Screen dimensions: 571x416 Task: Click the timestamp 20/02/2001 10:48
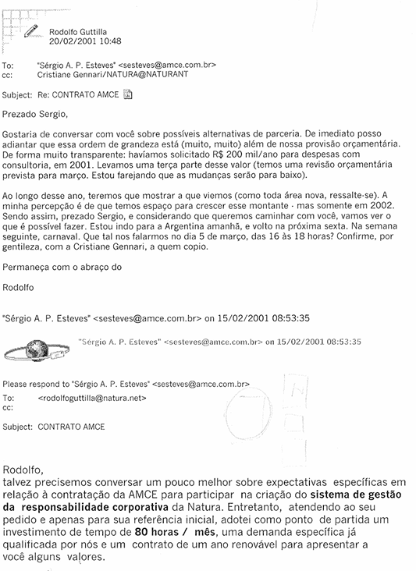85,41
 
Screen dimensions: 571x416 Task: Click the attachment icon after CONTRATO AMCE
128,94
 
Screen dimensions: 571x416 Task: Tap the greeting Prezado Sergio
36,114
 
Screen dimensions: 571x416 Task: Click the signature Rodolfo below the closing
20,286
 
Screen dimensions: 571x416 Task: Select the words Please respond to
35,385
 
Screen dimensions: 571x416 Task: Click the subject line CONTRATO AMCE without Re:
71,427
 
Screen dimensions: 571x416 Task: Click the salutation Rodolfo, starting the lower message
25,470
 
